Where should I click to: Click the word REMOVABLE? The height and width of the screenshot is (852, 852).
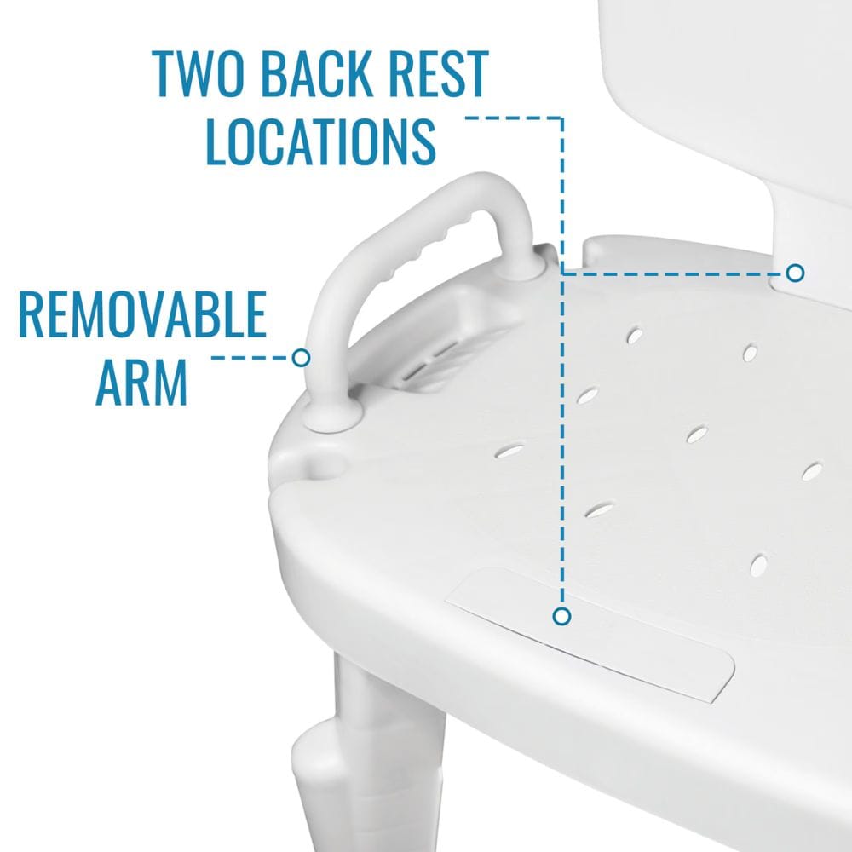pos(141,314)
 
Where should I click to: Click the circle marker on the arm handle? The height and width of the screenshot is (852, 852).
pos(301,357)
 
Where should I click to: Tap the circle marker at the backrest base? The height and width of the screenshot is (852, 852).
pos(795,273)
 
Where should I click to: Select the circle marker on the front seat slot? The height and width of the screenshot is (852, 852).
pos(561,615)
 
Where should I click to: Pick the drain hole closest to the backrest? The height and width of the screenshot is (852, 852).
pos(635,335)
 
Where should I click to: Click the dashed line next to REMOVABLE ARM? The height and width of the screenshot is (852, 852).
pos(250,357)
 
